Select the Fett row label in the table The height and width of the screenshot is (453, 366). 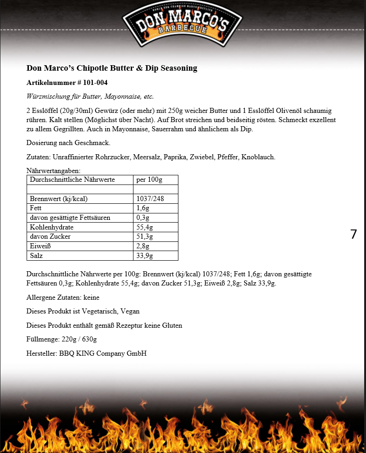coord(36,208)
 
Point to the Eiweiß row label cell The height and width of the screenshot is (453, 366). coord(39,246)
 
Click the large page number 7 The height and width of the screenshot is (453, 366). coord(353,234)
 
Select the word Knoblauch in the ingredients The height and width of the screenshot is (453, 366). coord(259,157)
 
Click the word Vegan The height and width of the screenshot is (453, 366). coord(130,311)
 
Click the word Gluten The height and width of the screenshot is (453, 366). coord(172,325)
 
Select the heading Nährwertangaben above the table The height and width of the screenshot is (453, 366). coord(53,171)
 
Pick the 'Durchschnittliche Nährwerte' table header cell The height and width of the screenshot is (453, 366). coord(72,179)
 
